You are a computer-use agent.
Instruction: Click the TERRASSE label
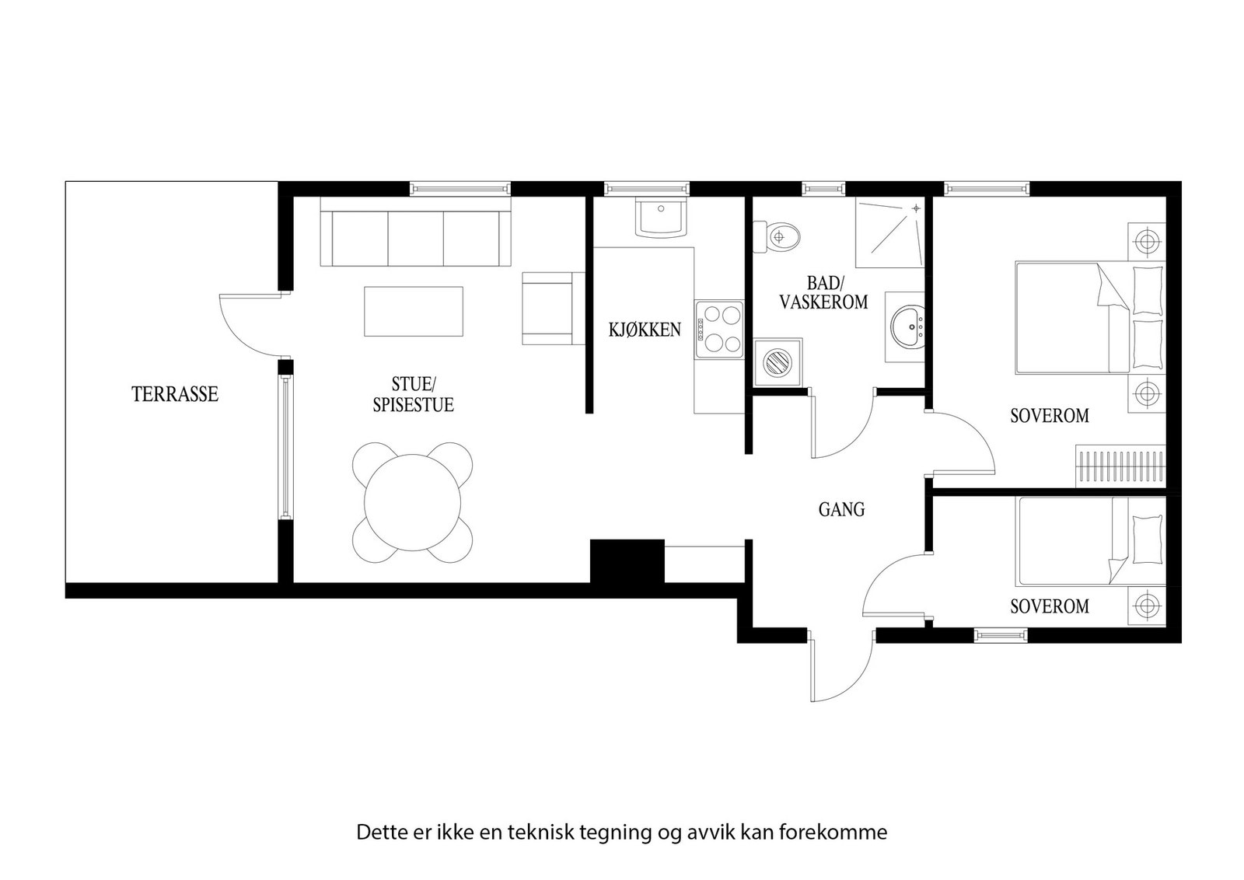[x=175, y=394]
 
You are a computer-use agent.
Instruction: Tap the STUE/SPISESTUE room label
[x=413, y=394]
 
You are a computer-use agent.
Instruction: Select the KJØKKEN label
[x=645, y=330]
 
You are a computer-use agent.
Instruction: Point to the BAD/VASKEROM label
[x=823, y=293]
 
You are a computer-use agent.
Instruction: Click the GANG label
[x=841, y=510]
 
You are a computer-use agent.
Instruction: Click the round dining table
[x=413, y=502]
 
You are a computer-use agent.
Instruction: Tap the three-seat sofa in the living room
[x=415, y=238]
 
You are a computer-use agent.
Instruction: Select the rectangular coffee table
[x=414, y=312]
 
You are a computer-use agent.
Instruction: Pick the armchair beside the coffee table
[x=553, y=308]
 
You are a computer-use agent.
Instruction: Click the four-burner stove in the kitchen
[x=719, y=329]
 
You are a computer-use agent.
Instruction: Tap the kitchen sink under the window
[x=661, y=218]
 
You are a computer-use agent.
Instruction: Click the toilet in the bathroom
[x=778, y=236]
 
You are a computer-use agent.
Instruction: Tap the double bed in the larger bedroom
[x=1088, y=318]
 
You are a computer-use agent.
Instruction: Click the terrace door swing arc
[x=237, y=327]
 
